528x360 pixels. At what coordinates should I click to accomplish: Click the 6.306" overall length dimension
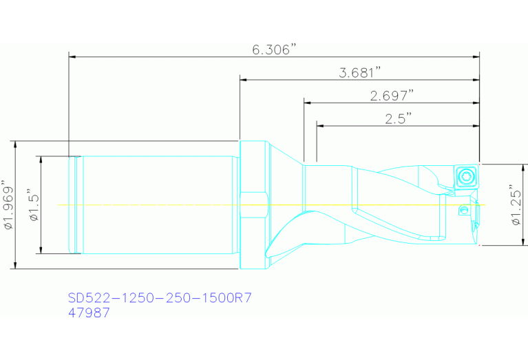click(273, 50)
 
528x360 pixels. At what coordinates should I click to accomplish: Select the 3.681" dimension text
click(360, 72)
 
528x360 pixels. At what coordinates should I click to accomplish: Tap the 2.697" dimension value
click(392, 95)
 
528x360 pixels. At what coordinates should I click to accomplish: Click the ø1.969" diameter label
click(8, 205)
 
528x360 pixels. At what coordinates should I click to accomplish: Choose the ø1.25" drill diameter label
click(513, 204)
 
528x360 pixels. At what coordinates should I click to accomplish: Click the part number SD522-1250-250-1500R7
click(160, 298)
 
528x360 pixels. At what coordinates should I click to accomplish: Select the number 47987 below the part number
click(89, 313)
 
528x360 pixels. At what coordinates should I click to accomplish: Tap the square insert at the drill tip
click(467, 176)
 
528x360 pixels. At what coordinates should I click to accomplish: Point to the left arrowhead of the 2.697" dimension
click(308, 103)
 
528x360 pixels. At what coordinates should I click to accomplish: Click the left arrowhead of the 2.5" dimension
click(321, 125)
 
